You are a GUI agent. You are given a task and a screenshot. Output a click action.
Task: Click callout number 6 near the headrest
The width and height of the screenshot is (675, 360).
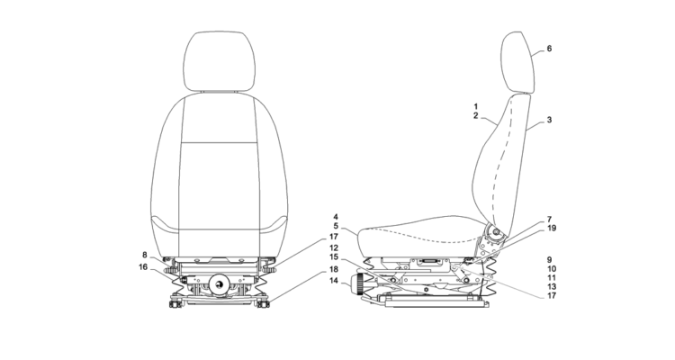[549, 49]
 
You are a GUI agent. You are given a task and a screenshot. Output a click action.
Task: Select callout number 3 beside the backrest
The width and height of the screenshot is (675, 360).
[549, 120]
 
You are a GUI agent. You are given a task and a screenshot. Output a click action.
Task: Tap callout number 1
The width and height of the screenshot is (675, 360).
[476, 106]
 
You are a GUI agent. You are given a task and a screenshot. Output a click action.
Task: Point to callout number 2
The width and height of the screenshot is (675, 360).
[476, 116]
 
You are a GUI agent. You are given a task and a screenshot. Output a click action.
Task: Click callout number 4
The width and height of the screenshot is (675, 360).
[336, 217]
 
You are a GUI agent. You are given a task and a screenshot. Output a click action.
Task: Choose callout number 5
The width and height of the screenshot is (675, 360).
[336, 227]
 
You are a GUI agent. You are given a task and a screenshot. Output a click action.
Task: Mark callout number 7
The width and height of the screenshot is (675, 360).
[549, 220]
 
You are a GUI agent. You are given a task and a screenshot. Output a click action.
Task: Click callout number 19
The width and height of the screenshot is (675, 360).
[552, 229]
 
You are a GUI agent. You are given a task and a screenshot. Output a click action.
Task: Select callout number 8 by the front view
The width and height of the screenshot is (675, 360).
[145, 255]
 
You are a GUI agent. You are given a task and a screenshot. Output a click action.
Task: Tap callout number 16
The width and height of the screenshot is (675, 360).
[143, 267]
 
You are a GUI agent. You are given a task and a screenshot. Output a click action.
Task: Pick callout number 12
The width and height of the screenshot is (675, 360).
[334, 248]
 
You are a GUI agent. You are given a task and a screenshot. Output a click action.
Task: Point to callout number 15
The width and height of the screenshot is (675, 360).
[334, 257]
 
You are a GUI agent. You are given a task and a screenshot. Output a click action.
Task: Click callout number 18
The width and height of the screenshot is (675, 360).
[334, 270]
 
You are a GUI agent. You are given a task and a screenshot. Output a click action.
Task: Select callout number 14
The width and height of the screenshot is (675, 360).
[334, 281]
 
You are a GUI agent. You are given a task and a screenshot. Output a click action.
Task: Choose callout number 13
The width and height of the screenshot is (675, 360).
[552, 287]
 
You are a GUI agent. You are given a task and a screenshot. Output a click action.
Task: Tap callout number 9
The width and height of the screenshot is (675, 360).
[549, 260]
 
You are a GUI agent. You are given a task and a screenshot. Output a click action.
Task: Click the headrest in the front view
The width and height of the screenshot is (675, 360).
[219, 61]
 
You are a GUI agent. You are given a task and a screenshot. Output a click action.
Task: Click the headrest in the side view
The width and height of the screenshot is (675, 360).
[517, 62]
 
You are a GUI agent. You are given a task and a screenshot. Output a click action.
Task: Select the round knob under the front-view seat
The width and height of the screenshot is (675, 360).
[220, 284]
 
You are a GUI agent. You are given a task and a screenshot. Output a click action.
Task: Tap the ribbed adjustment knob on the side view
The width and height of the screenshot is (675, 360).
[357, 284]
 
